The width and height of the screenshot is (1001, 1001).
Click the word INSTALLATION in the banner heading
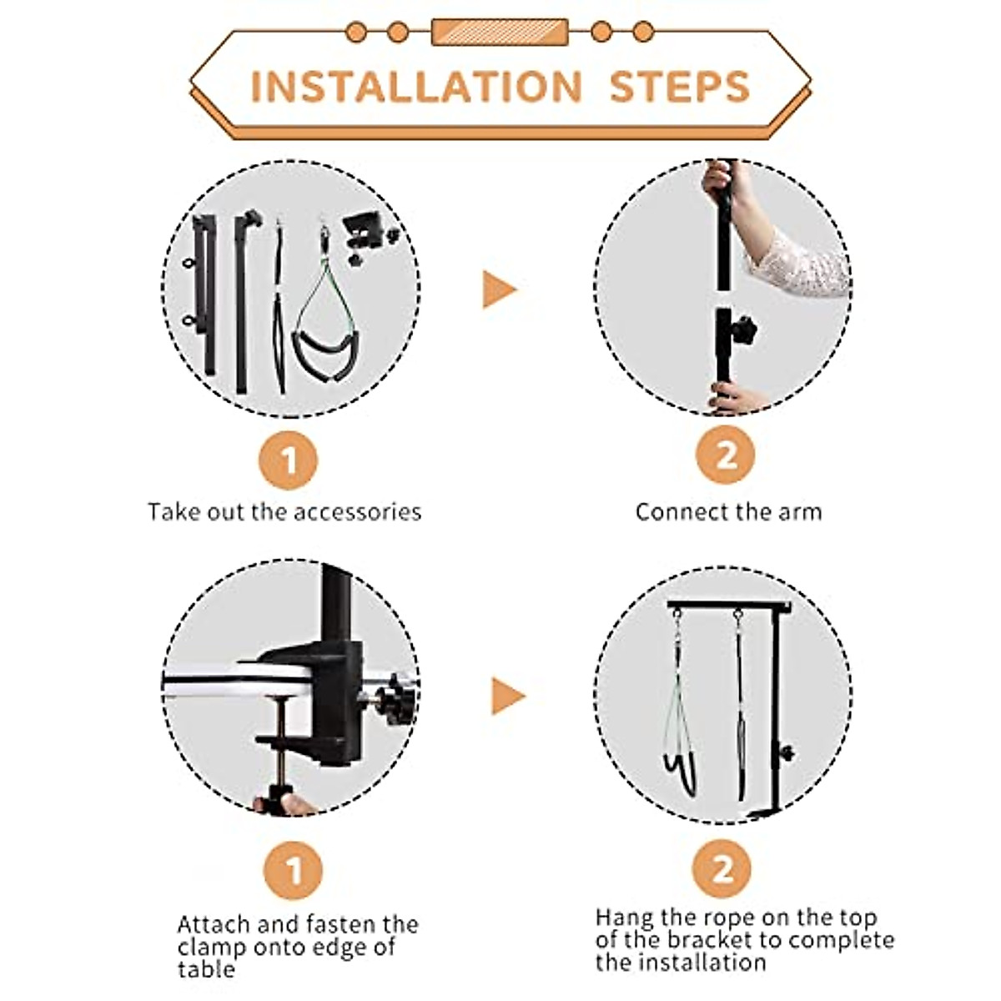(416, 87)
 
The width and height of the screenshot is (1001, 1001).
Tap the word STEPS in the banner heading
(680, 87)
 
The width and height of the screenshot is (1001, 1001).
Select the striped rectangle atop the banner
(500, 33)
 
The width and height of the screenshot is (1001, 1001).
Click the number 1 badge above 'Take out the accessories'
(288, 460)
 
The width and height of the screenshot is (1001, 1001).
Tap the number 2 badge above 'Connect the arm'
(725, 455)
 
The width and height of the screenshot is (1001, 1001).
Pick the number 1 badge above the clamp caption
(293, 871)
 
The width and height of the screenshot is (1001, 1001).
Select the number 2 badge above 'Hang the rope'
(722, 868)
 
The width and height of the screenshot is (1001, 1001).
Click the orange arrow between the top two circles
(499, 289)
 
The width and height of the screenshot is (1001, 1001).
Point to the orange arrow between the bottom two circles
(507, 696)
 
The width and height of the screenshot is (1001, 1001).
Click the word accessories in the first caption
(357, 512)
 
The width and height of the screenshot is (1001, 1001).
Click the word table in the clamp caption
(206, 969)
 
